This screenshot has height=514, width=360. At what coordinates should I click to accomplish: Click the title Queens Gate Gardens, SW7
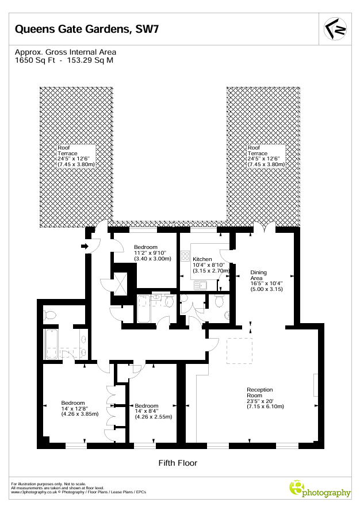[87, 29]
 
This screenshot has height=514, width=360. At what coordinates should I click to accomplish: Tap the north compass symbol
[335, 29]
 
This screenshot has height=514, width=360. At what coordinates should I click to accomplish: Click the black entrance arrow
[85, 246]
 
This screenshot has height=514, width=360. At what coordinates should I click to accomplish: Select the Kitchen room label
[202, 259]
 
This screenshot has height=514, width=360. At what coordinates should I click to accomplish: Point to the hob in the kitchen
[185, 256]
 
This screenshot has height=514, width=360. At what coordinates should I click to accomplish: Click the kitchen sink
[200, 286]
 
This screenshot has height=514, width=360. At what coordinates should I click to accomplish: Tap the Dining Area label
[258, 275]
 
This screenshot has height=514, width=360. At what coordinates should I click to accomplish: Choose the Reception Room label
[260, 392]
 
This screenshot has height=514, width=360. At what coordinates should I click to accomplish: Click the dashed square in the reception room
[239, 351]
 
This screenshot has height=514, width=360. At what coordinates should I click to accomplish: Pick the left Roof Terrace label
[67, 151]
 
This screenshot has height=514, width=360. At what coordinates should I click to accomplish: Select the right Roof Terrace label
[258, 151]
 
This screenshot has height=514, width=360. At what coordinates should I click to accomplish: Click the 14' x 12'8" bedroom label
[80, 408]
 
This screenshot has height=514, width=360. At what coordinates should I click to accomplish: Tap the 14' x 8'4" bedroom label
[153, 412]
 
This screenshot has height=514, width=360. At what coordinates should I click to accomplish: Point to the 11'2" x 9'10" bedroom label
[152, 253]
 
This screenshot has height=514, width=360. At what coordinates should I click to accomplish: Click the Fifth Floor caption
[178, 463]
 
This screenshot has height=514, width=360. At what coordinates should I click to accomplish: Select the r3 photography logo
[320, 490]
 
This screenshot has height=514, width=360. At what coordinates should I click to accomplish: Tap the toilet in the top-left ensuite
[49, 315]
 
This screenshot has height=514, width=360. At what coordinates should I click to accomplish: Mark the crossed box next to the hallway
[120, 283]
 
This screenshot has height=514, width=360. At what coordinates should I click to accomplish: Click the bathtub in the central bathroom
[144, 309]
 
